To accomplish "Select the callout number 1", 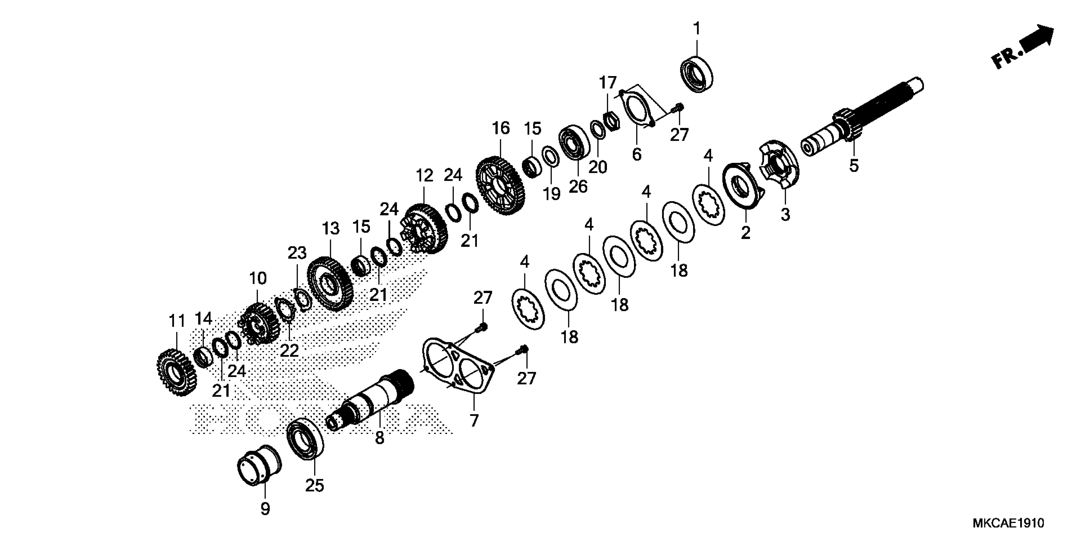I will click(x=697, y=29).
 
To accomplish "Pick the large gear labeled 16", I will click(x=500, y=185).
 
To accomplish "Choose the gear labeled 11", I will click(x=176, y=372).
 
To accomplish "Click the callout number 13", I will click(x=331, y=229).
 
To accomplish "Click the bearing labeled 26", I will click(x=574, y=142).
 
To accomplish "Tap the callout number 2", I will click(x=745, y=232).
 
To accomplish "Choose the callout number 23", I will click(x=297, y=253).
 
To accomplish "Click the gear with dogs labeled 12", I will click(x=424, y=229).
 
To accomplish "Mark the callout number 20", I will click(x=598, y=167).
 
